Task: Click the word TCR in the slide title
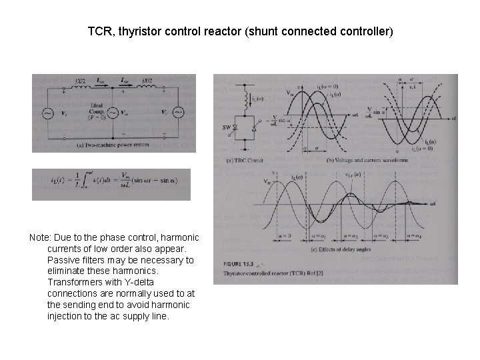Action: [99, 31]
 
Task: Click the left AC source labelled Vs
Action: [49, 113]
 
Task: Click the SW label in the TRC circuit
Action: [227, 127]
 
